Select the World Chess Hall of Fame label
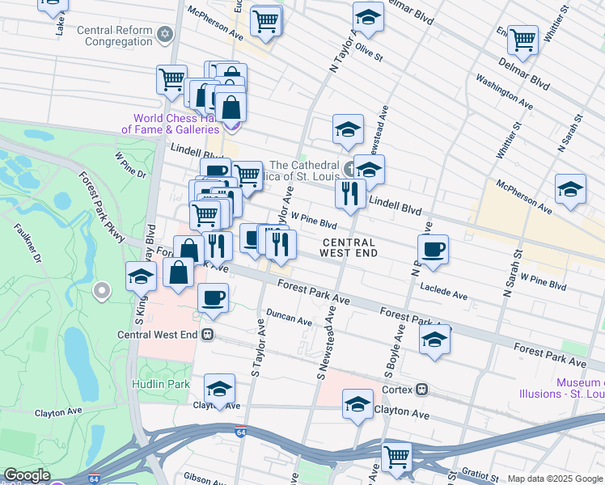click(x=170, y=124)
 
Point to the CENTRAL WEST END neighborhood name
click(x=348, y=247)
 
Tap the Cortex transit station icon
click(x=421, y=389)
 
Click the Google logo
click(x=27, y=475)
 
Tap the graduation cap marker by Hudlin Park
click(x=218, y=389)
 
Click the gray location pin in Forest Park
click(x=102, y=289)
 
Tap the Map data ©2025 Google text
click(x=555, y=479)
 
